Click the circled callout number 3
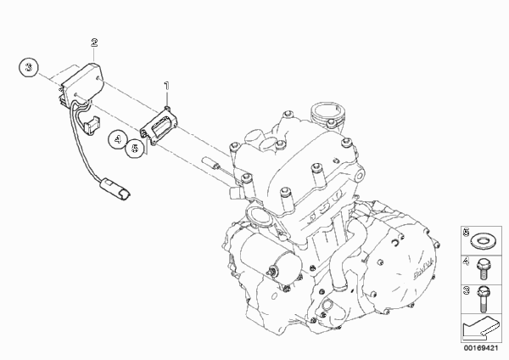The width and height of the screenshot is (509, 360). tap(29, 68)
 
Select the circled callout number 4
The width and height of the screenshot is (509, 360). tap(118, 139)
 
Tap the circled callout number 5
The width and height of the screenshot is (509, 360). tap(134, 149)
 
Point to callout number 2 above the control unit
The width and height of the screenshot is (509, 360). tap(94, 42)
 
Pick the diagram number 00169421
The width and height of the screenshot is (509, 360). tap(481, 348)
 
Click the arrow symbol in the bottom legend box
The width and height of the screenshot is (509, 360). tap(480, 329)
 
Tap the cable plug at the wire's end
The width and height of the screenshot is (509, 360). tap(115, 189)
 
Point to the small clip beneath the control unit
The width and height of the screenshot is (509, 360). tap(92, 125)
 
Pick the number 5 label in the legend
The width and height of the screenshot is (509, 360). tap(467, 233)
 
